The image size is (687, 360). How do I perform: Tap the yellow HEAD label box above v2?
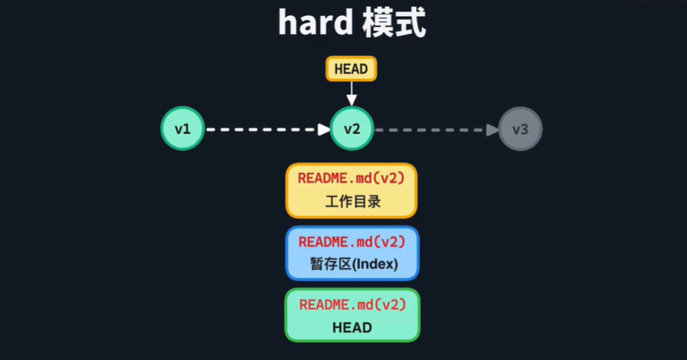coord(351,69)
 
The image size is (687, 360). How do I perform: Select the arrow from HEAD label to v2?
coord(351,93)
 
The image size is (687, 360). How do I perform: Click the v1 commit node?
coord(182,129)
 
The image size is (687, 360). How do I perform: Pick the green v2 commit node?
coord(352,129)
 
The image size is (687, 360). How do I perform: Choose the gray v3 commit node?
coord(520,129)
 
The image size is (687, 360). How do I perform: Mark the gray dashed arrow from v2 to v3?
coord(433,129)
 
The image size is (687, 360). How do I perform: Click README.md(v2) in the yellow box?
coord(352,178)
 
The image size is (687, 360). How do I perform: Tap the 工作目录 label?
coord(352,202)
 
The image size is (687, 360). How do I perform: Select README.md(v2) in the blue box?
coord(352,242)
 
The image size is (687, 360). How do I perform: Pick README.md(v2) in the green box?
coord(352,304)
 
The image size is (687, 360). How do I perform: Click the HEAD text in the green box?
coord(352,328)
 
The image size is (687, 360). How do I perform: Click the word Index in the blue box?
coord(376,265)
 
